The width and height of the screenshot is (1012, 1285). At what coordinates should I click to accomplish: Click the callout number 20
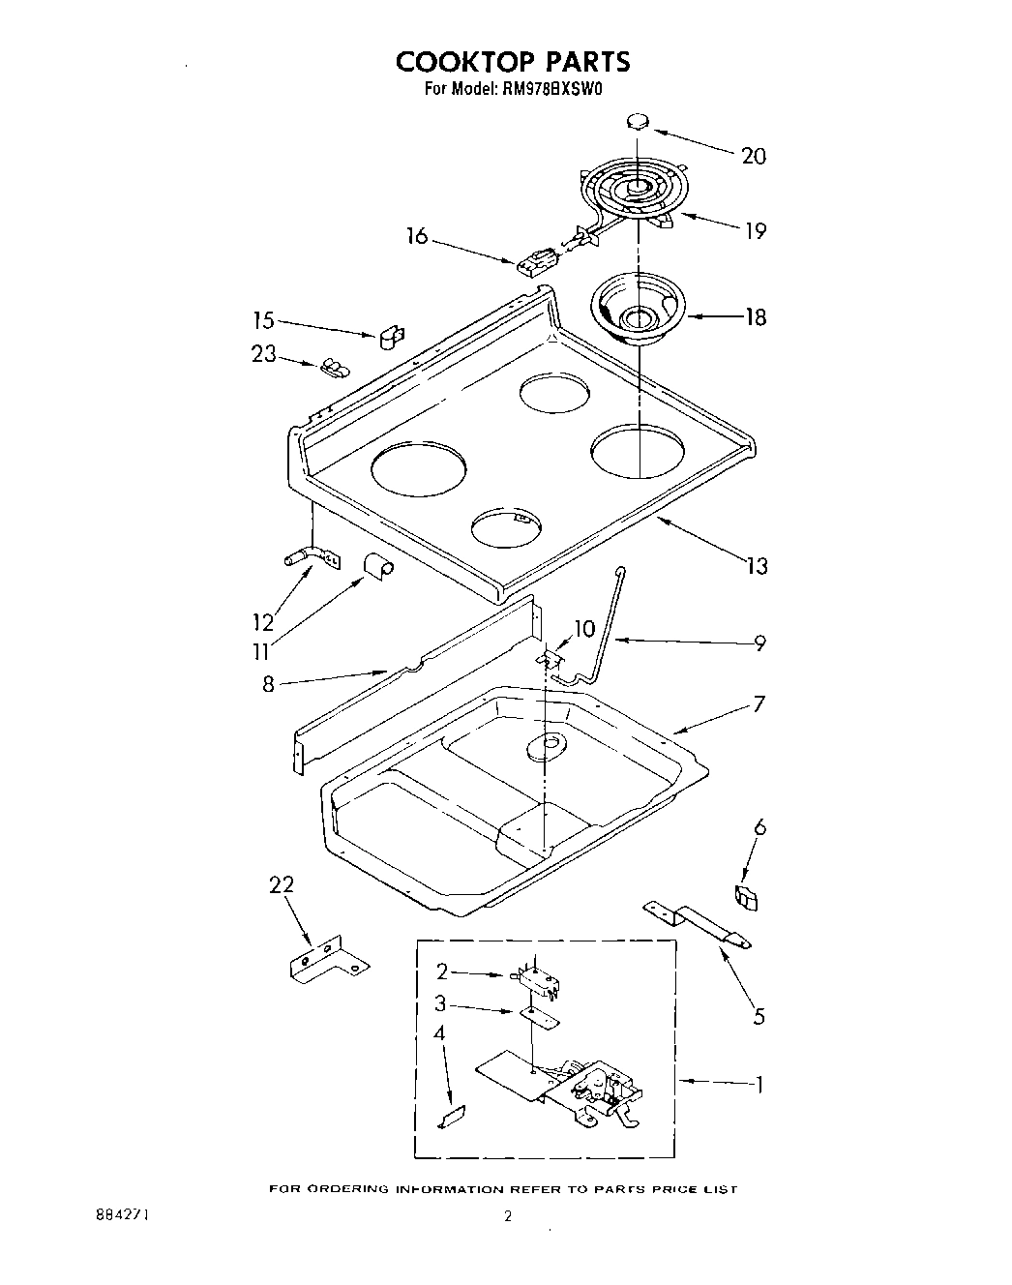click(x=754, y=156)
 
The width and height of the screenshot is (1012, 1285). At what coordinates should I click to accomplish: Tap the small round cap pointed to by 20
click(x=637, y=120)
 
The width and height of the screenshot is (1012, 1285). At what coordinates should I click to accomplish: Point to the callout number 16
click(x=417, y=236)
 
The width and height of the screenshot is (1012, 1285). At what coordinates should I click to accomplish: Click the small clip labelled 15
click(x=390, y=336)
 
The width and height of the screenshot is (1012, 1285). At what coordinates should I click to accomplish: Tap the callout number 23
click(x=264, y=354)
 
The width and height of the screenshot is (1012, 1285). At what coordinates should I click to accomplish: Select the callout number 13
click(x=756, y=565)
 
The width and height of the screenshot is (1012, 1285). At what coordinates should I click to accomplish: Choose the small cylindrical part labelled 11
click(x=376, y=566)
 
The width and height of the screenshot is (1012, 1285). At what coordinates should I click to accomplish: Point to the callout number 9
click(x=759, y=642)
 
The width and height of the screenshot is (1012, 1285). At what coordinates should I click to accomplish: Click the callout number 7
click(x=759, y=704)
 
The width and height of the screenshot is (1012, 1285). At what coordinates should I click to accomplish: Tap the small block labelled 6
click(x=747, y=898)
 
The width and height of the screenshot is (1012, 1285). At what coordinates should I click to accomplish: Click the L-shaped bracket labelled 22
click(x=328, y=960)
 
